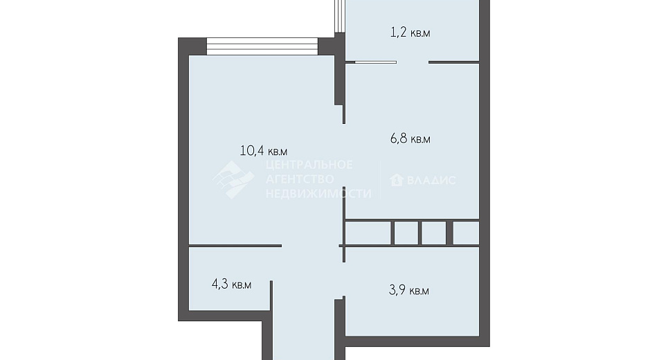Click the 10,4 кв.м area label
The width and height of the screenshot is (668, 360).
coord(264,151)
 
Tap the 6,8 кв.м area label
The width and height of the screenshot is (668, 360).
coord(410,139)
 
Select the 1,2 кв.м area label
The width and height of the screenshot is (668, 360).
coord(410,33)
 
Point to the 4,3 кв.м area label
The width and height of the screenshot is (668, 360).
coord(231,284)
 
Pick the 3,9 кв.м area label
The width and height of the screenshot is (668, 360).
coord(409,291)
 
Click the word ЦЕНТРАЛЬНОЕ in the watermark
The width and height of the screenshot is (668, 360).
coord(309,165)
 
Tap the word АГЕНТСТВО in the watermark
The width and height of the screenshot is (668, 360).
coord(300,179)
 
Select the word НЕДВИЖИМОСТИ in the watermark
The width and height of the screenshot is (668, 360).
coord(318,193)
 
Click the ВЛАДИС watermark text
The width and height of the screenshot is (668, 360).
coord(431,180)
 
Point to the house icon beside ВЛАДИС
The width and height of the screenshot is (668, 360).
coord(397,180)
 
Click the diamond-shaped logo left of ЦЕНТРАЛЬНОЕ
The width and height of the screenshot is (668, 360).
coord(233,179)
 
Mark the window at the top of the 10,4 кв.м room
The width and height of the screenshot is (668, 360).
coord(262,46)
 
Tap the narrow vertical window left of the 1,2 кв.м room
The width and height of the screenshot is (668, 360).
coord(338,16)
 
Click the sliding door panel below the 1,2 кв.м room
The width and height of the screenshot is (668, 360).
coord(376,62)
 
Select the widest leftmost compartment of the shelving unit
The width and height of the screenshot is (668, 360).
coord(368,233)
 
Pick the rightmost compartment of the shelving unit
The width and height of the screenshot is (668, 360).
coord(466,233)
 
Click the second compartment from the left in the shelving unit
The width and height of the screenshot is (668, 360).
coord(406,233)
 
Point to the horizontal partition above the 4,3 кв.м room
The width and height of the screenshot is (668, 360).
coord(235,246)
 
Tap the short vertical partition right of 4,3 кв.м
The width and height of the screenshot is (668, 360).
coord(271,295)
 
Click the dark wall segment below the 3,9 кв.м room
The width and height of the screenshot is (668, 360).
coord(417,341)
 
